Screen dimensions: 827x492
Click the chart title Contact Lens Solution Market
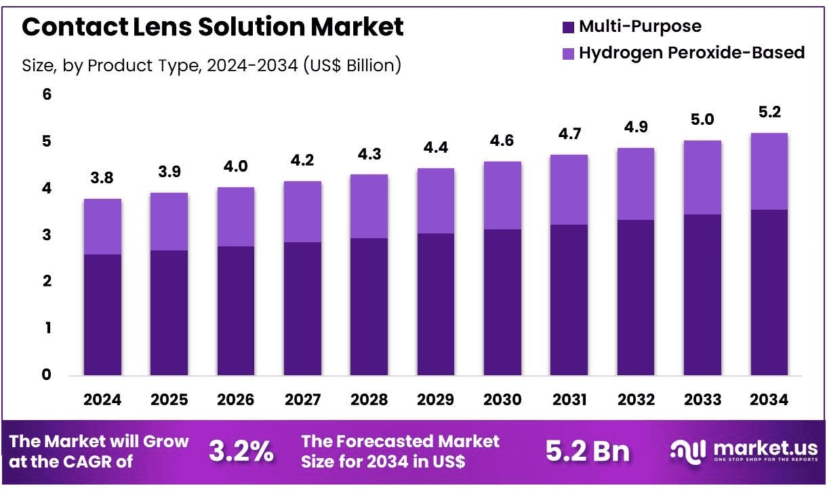click(213, 26)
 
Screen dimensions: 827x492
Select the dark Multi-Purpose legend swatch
click(568, 27)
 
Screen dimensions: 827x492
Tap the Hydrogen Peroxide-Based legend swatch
click(568, 54)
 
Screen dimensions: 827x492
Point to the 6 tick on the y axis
click(47, 94)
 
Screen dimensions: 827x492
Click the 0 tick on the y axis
click(47, 375)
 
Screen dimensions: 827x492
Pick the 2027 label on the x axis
click(302, 400)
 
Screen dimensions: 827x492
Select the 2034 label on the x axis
click(769, 400)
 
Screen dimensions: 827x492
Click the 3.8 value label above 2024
click(102, 178)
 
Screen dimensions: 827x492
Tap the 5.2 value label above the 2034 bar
click(770, 112)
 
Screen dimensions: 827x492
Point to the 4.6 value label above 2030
click(502, 141)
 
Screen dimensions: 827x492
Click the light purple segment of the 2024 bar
click(102, 227)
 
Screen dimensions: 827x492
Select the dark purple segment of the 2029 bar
click(436, 304)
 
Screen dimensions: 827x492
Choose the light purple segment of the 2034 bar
click(769, 171)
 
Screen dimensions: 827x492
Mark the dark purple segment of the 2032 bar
click(636, 297)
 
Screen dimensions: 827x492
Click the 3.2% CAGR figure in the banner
click(241, 451)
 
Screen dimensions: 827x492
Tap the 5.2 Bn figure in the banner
click(588, 451)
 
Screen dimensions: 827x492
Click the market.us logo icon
click(688, 452)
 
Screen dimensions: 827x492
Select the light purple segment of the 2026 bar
click(236, 216)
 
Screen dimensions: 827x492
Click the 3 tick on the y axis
click(47, 235)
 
